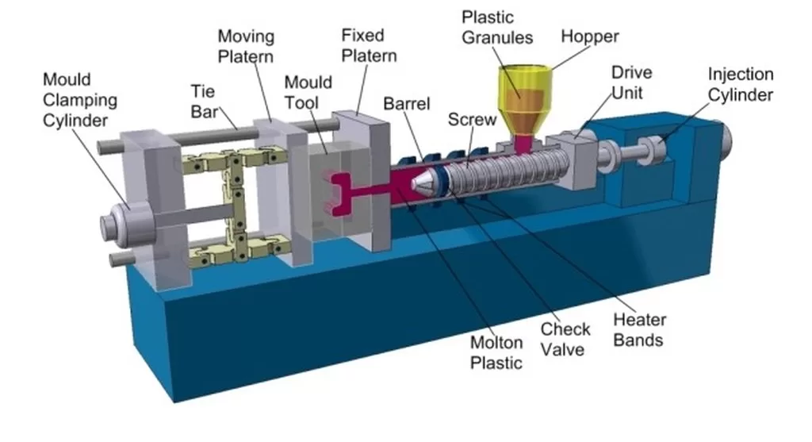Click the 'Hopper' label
click(590, 37)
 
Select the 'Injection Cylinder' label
click(740, 85)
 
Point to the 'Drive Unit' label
click(631, 83)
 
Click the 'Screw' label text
click(472, 120)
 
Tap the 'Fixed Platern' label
click(369, 46)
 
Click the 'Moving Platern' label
click(246, 46)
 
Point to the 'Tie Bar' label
click(204, 100)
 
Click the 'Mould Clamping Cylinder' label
click(79, 101)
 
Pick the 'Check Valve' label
click(565, 338)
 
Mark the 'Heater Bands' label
click(639, 330)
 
